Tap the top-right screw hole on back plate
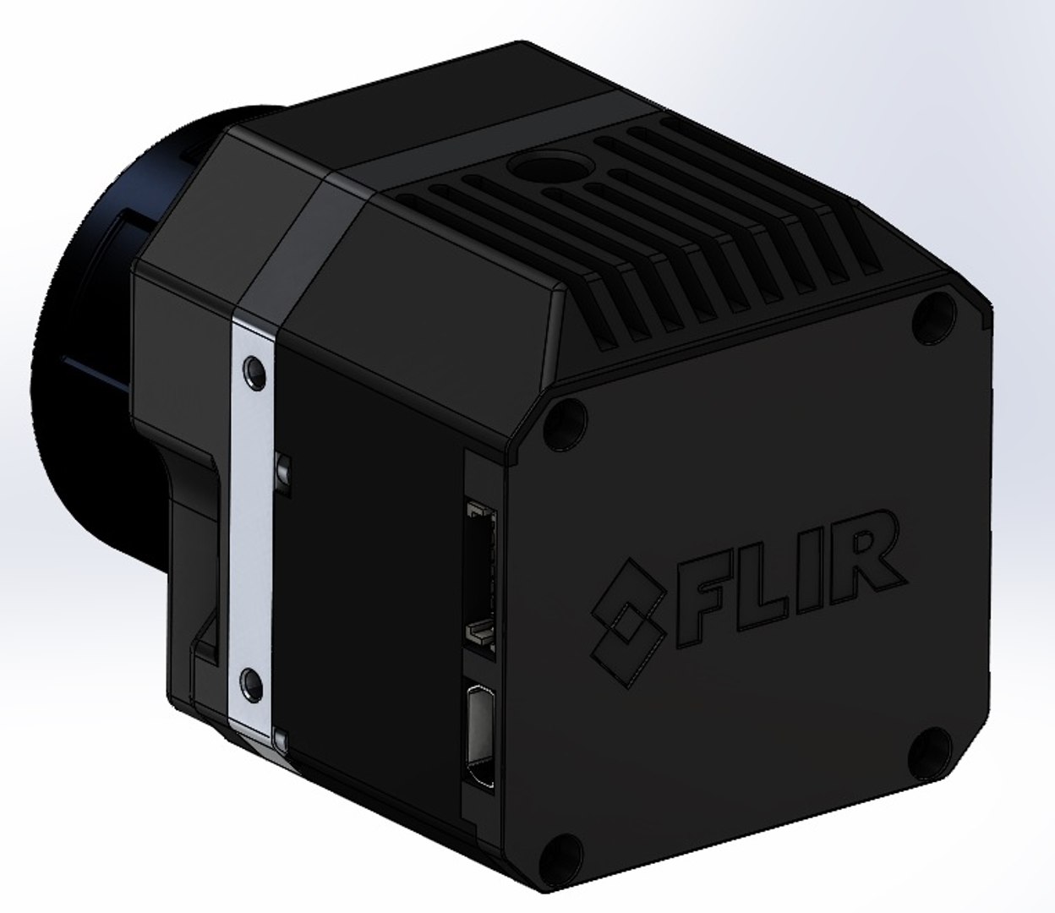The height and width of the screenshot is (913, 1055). (x=932, y=309)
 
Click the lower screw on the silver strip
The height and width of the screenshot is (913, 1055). (x=249, y=681)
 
